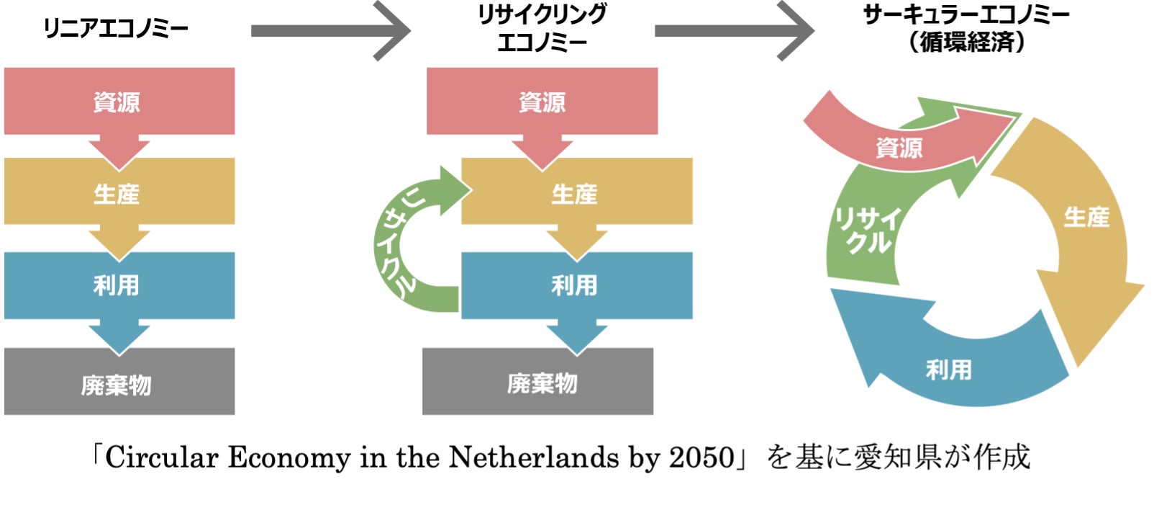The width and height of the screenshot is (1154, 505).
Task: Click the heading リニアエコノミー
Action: tap(116, 29)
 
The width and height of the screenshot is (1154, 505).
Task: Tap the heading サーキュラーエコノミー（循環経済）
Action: tap(966, 29)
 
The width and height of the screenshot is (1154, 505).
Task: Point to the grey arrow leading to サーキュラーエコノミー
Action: tap(733, 31)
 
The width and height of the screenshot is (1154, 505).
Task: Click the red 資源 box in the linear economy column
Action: tap(119, 102)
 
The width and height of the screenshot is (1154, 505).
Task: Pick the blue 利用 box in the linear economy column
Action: tap(119, 285)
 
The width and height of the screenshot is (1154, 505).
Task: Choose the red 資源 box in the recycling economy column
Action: tap(542, 102)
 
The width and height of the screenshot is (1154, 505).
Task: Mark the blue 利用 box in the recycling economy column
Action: tap(576, 285)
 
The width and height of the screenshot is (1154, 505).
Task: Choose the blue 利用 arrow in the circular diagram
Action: tap(950, 367)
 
